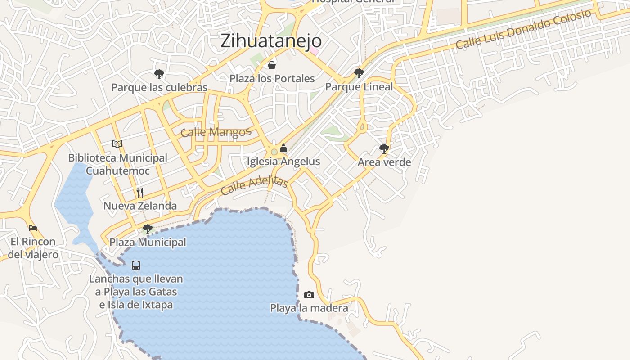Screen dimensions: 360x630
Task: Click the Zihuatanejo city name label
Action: click(x=271, y=40)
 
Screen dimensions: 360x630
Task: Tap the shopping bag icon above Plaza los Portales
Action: click(x=272, y=66)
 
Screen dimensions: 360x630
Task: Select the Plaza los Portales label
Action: click(x=272, y=79)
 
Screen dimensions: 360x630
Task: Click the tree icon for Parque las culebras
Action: click(x=159, y=74)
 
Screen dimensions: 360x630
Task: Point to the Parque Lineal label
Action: click(x=359, y=87)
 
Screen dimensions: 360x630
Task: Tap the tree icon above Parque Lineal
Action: click(x=359, y=73)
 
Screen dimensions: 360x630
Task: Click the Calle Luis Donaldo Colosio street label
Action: click(x=523, y=29)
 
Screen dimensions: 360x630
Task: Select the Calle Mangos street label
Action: click(x=216, y=132)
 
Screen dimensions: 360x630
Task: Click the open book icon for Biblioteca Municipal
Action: click(x=117, y=144)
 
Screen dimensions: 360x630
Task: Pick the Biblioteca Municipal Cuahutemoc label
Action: click(x=117, y=164)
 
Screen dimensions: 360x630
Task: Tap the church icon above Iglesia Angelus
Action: click(x=283, y=148)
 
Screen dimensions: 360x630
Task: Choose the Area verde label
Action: click(x=384, y=162)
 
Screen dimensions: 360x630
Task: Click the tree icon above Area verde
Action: click(x=384, y=148)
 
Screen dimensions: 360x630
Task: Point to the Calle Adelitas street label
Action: click(x=254, y=185)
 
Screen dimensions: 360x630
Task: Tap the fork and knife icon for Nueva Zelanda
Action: click(x=140, y=193)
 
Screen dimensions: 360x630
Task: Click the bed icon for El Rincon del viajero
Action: click(x=33, y=228)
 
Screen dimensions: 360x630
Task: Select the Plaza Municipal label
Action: click(x=148, y=242)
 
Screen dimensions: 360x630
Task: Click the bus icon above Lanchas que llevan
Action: click(x=136, y=265)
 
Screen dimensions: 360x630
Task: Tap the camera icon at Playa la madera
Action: click(x=309, y=295)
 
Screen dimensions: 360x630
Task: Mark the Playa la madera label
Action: click(x=309, y=308)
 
